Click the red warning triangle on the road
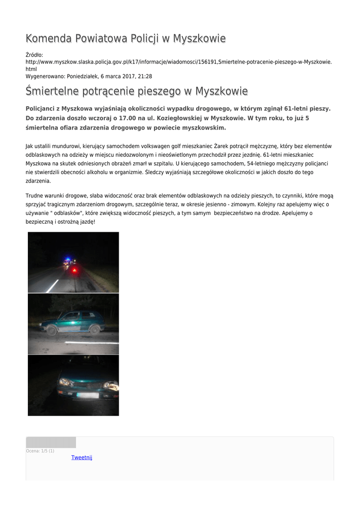pyautogui.click(x=74, y=269)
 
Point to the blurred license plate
pyautogui.click(x=87, y=395)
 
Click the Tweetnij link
pyautogui.click(x=81, y=457)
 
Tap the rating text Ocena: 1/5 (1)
pyautogui.click(x=40, y=450)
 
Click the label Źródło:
pyautogui.click(x=34, y=55)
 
